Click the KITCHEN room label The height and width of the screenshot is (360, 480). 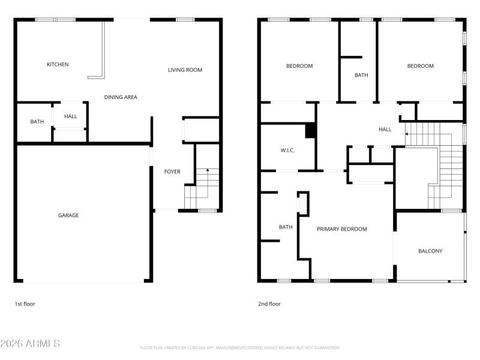[x=58, y=64]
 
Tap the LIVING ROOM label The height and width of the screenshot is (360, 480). [x=185, y=70]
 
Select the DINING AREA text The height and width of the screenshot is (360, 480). [x=121, y=97]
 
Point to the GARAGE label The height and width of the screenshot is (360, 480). [x=68, y=215]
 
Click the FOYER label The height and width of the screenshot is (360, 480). [x=172, y=172]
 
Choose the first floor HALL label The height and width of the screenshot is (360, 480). [x=71, y=116]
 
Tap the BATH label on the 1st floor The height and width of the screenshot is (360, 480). [x=37, y=122]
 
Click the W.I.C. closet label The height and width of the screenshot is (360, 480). [x=287, y=150]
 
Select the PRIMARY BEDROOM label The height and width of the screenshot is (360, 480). [x=342, y=229]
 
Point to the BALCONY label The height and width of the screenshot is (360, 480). [x=430, y=251]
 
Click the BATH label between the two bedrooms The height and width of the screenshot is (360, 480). [x=361, y=75]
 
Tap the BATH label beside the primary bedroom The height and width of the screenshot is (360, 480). [x=286, y=227]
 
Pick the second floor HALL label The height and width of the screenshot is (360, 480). [x=385, y=129]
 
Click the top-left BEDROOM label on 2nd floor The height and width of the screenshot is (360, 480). [x=299, y=66]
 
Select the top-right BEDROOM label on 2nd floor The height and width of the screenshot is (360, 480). [x=420, y=66]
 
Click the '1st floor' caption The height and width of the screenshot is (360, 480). [x=25, y=304]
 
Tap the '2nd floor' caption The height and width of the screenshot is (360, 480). [x=269, y=304]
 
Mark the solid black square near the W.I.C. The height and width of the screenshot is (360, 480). [x=310, y=131]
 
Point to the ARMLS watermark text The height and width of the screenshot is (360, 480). [x=30, y=344]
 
